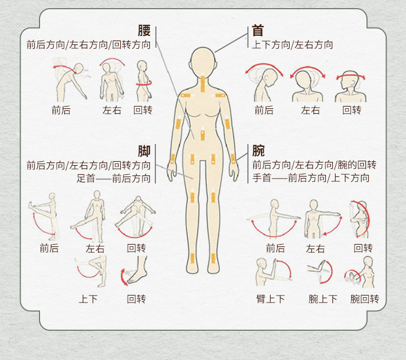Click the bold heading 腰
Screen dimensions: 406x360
[x=144, y=30]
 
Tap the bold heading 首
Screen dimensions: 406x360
[x=258, y=30]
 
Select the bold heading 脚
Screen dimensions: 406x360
[x=144, y=151]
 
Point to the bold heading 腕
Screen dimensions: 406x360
[x=258, y=151]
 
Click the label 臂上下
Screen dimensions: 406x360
[x=270, y=299]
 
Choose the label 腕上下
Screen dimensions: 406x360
[x=323, y=299]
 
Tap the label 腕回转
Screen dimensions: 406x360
[x=364, y=299]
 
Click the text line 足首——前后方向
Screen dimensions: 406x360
[x=114, y=178]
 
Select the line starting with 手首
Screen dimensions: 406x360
[x=311, y=178]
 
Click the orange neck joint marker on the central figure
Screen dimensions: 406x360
[x=202, y=83]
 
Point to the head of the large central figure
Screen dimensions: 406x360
[x=203, y=62]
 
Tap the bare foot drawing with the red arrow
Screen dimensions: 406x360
[x=135, y=271]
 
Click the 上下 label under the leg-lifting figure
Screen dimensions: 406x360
[x=88, y=299]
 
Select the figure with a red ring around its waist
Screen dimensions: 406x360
[x=143, y=81]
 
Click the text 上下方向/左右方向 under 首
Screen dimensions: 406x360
[x=292, y=45]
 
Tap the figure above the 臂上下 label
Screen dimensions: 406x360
[x=273, y=272]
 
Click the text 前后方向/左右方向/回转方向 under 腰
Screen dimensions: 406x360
[x=89, y=45]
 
